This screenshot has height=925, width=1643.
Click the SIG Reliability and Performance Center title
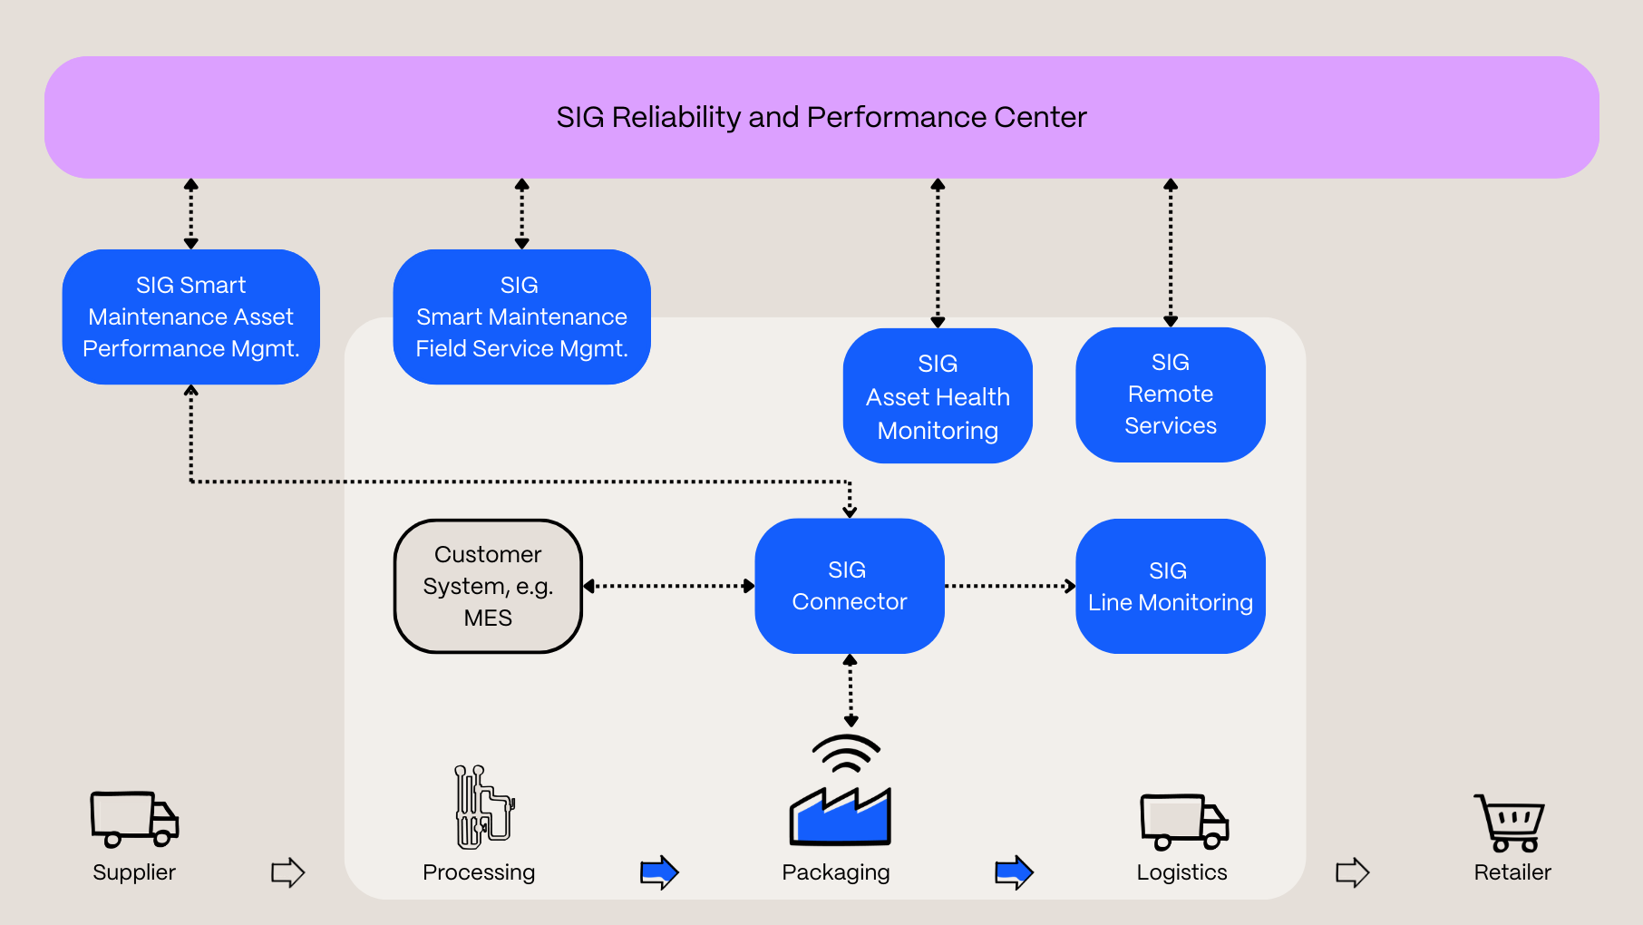(x=821, y=117)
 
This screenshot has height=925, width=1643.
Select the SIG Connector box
(x=850, y=586)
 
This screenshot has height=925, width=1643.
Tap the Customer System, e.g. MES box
(x=488, y=586)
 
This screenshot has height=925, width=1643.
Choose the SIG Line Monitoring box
(x=1170, y=586)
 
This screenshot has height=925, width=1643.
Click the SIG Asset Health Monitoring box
(x=938, y=396)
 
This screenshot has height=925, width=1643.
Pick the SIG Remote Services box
(x=1170, y=394)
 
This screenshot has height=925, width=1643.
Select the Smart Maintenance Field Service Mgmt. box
(x=521, y=316)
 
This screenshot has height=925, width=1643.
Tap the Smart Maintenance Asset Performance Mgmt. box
(x=190, y=316)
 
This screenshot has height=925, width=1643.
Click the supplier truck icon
(x=134, y=819)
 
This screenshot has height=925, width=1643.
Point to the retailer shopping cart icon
(x=1511, y=823)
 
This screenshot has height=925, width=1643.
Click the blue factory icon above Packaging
(x=840, y=815)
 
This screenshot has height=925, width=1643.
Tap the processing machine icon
(x=484, y=807)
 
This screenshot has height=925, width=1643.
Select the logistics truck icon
(x=1183, y=822)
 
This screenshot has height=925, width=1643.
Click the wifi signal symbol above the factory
(x=846, y=754)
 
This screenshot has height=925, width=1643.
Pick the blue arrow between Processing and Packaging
(x=659, y=872)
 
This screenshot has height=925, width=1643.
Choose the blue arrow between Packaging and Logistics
(x=1014, y=872)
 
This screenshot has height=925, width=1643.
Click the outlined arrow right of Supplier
(x=287, y=872)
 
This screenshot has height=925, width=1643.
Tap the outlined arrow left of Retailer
(x=1352, y=872)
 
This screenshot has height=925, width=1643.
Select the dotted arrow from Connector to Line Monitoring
(x=1009, y=586)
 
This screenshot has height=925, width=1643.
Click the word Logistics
(x=1181, y=872)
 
